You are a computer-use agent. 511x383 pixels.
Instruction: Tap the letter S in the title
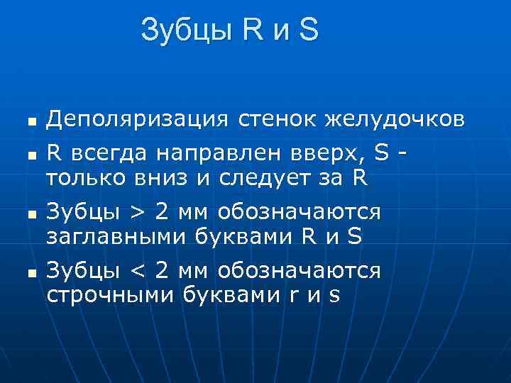tap(309, 30)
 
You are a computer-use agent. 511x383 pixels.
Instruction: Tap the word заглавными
tap(116, 236)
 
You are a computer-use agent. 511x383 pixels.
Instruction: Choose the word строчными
tap(105, 295)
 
